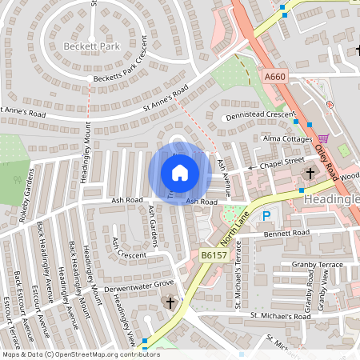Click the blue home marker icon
coord(179,172)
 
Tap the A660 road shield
coord(274,77)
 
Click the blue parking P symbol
coord(266,216)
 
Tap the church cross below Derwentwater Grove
coord(170,302)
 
